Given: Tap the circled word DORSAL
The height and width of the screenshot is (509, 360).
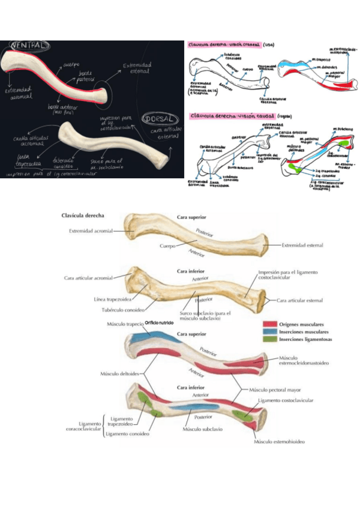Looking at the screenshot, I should [x=159, y=119].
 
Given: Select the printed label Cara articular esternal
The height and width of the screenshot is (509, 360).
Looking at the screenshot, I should [x=301, y=300].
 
